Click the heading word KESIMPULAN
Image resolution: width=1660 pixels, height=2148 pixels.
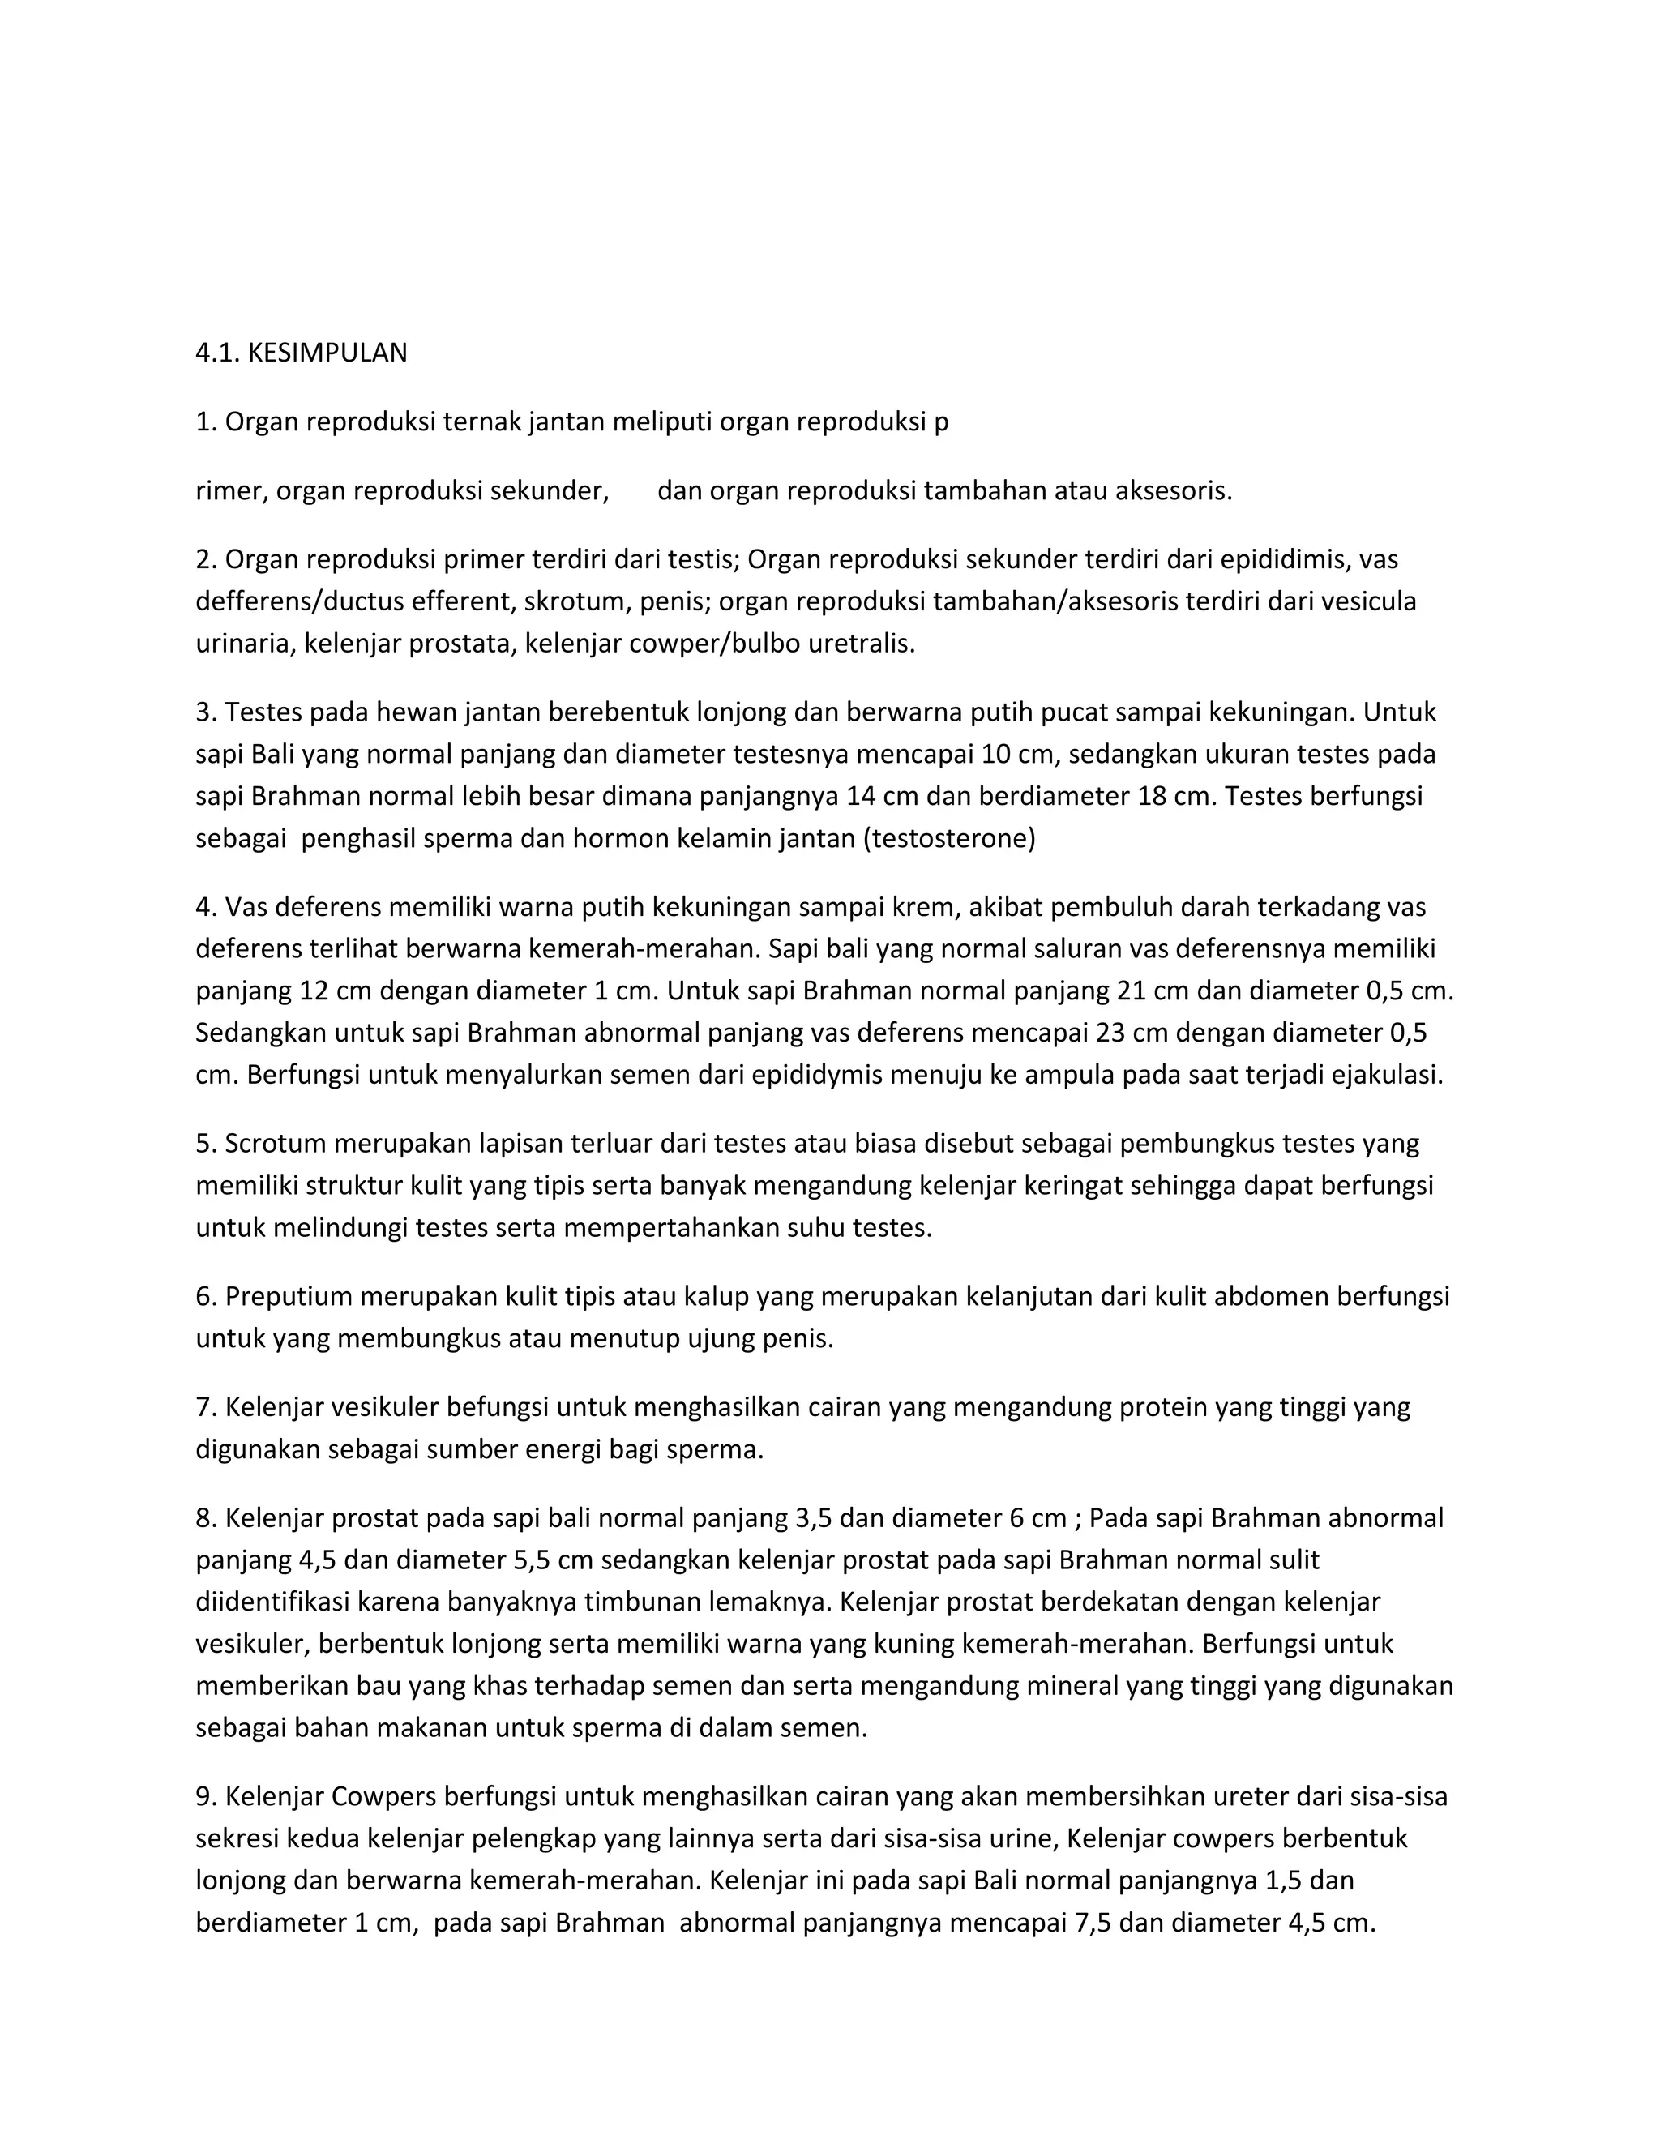coord(327,353)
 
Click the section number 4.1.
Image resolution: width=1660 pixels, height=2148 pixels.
coord(217,353)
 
